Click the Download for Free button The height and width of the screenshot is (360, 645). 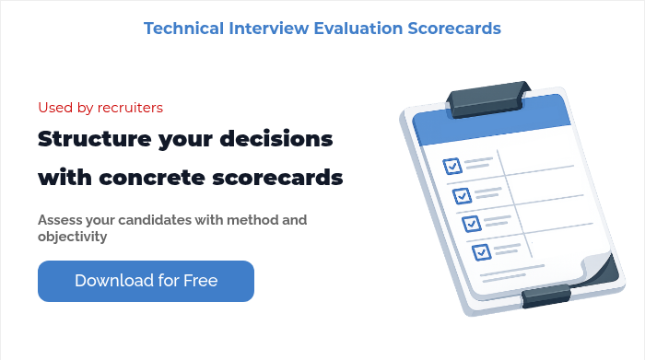(146, 281)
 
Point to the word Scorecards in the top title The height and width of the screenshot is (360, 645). (454, 29)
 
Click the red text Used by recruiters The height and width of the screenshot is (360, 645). (100, 108)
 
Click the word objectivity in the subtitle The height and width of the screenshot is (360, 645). (73, 237)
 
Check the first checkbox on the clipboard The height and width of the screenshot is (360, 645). (452, 166)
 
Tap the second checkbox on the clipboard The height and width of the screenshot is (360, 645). (462, 195)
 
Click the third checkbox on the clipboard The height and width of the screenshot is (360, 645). (471, 223)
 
